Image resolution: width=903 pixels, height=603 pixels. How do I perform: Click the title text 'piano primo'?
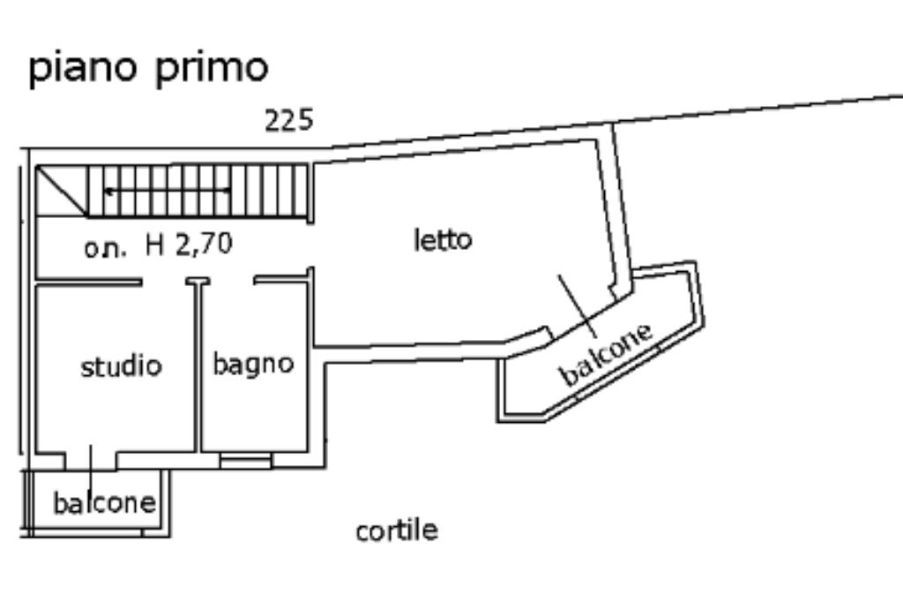[148, 69]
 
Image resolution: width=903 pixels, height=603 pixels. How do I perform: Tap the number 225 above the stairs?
[289, 120]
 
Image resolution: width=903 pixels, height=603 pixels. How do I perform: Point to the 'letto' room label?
[443, 239]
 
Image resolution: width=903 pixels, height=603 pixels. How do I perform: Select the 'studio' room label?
[122, 366]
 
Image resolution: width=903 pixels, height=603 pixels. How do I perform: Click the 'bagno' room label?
[253, 363]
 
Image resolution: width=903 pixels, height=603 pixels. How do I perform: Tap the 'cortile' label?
[397, 531]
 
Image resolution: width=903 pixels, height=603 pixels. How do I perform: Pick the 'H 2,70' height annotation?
[190, 245]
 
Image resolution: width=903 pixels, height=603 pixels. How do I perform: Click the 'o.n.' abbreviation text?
[105, 248]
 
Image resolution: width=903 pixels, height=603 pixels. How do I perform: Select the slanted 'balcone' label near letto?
[608, 354]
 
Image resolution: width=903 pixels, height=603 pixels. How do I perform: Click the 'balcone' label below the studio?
[104, 503]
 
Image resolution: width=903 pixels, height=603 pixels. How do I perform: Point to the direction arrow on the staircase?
[168, 190]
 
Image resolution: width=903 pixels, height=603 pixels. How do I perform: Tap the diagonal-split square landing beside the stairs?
[61, 190]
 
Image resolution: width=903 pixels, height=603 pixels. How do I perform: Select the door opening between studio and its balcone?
[92, 459]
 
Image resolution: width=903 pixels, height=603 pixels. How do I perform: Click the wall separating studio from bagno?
[199, 371]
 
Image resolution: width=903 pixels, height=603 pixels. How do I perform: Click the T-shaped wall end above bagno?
[199, 283]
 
